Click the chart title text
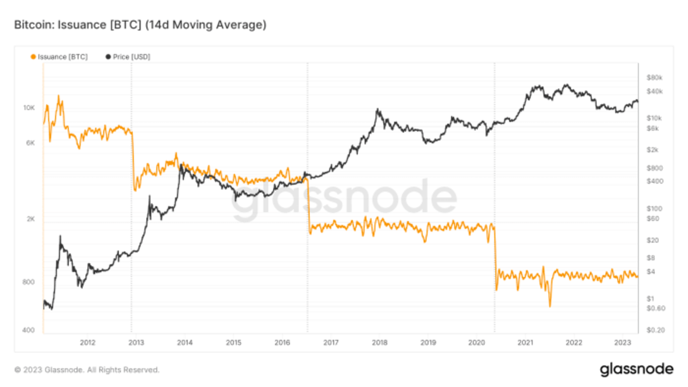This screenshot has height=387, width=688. (x=140, y=25)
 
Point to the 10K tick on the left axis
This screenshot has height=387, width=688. (x=29, y=108)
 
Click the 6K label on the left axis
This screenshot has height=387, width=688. (x=31, y=143)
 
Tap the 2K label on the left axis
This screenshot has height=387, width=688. (x=31, y=219)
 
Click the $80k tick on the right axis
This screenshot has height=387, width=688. (x=654, y=77)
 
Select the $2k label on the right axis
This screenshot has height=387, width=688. (x=652, y=150)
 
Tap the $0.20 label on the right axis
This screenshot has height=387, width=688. (x=655, y=330)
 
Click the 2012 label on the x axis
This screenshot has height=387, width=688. (x=87, y=343)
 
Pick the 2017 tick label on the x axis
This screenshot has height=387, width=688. (x=331, y=343)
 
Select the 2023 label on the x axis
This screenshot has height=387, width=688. (x=623, y=343)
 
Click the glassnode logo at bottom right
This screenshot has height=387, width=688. (x=636, y=370)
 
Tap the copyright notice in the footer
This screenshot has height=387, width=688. (x=87, y=370)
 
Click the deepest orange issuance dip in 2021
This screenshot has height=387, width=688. (x=550, y=306)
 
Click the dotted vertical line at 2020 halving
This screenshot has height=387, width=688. (x=495, y=172)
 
